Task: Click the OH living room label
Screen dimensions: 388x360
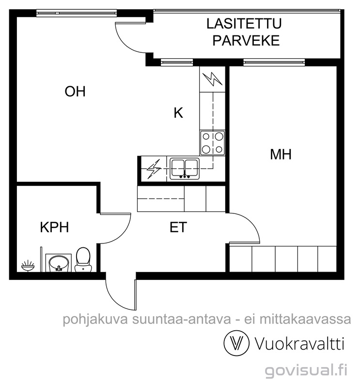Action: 75,91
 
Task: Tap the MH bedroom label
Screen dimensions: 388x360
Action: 281,155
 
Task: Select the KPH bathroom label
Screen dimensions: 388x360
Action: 54,227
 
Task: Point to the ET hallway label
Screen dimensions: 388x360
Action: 178,227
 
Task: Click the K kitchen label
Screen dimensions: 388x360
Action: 178,113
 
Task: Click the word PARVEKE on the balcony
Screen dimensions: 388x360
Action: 246,40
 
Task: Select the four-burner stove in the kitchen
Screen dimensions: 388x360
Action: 213,143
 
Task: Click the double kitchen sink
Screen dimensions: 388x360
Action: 185,168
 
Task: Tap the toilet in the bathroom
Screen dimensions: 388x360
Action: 83,259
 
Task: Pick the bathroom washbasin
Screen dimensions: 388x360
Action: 60,263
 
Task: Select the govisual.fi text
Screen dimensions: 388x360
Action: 306,371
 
